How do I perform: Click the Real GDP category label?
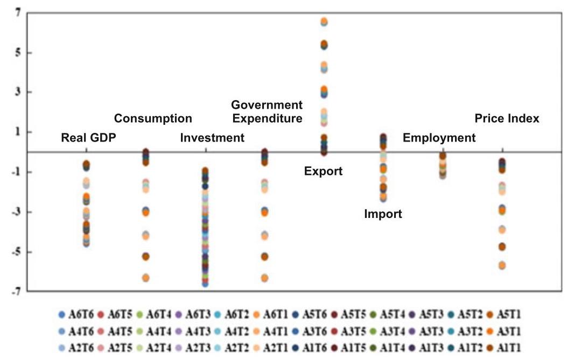tap(88, 138)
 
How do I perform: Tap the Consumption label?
tap(153, 118)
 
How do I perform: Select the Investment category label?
tap(212, 138)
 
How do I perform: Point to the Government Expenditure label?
tap(267, 111)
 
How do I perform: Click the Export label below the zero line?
tap(323, 171)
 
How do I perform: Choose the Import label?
tap(383, 214)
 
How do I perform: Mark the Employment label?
tap(439, 138)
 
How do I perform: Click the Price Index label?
tap(507, 118)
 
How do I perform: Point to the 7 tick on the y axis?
tap(18, 13)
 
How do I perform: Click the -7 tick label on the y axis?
tap(16, 291)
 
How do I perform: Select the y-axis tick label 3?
tap(18, 92)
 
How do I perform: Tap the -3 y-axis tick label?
tap(16, 212)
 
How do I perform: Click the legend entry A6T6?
tap(76, 314)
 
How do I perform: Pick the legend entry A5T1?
tap(504, 314)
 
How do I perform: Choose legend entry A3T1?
tap(504, 331)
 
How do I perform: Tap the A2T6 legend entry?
tap(76, 348)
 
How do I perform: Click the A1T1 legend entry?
tap(504, 348)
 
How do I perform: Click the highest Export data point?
tap(324, 21)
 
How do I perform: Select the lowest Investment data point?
tap(205, 284)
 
